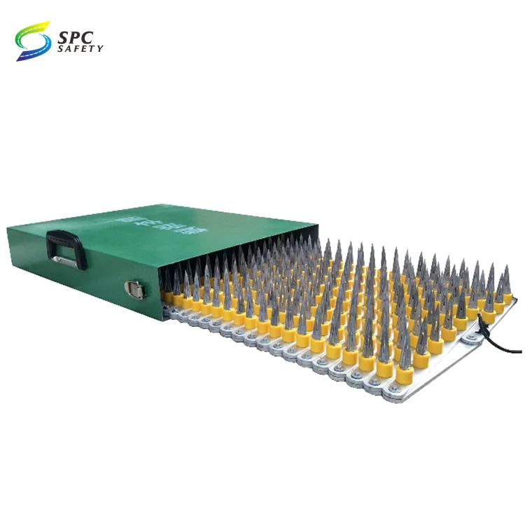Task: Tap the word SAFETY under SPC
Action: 80,48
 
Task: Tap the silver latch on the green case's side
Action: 135,288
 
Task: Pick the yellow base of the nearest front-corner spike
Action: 404,372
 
